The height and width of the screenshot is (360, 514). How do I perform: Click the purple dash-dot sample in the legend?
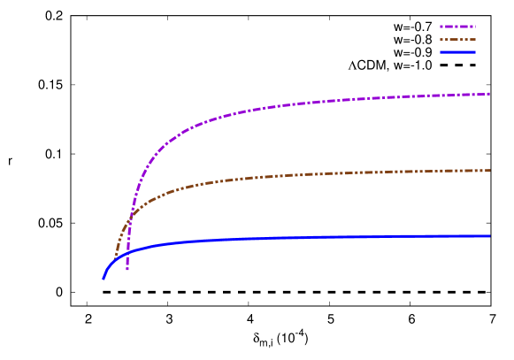pos(457,27)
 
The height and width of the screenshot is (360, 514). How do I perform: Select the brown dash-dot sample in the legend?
pos(457,39)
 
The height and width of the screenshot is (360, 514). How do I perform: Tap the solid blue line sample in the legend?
pos(457,52)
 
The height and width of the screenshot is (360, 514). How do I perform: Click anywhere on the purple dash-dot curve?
pos(265,107)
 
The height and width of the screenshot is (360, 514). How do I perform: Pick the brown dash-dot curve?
pos(265,177)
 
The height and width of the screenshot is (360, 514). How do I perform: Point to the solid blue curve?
pos(265,239)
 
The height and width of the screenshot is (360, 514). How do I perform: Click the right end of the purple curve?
pos(488,94)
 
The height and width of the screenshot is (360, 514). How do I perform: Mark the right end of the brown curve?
pos(488,171)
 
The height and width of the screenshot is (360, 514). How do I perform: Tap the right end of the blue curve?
pos(488,236)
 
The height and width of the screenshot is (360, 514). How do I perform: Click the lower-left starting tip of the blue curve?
pos(104,278)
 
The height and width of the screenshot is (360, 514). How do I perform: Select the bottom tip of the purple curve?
pos(127,269)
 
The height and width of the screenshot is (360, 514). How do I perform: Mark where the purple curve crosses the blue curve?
pos(127,252)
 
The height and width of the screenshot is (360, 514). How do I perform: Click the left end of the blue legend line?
pos(441,52)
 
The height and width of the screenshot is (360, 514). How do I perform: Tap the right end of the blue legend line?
pos(475,52)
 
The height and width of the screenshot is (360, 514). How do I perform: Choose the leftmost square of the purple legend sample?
pos(441,27)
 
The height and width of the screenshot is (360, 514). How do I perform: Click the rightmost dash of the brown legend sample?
pos(472,39)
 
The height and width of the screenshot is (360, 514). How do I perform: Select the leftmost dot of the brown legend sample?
pos(441,39)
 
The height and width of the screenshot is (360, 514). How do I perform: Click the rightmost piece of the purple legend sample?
pos(475,27)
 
